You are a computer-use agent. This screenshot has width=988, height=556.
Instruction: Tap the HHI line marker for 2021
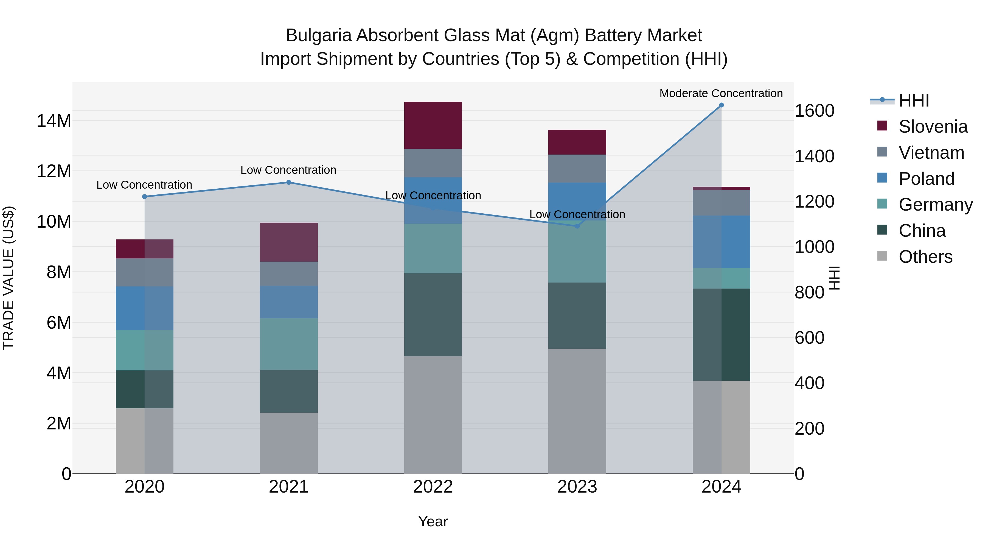(x=289, y=182)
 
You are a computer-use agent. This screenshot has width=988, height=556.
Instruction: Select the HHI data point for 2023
(x=577, y=226)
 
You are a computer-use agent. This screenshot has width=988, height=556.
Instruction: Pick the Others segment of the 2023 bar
(x=577, y=410)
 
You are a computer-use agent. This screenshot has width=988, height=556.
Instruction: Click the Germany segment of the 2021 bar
(x=289, y=344)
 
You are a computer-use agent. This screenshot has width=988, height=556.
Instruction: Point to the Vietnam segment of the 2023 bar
(x=577, y=169)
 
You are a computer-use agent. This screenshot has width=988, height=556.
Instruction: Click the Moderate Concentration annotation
(x=721, y=93)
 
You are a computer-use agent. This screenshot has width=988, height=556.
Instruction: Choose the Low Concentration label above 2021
(x=288, y=170)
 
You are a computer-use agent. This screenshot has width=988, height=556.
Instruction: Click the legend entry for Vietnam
(x=931, y=153)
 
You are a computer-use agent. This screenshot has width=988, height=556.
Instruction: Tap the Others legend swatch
(x=882, y=256)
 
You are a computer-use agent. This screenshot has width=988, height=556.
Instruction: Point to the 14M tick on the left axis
(x=54, y=121)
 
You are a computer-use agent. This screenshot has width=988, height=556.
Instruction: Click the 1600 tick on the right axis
(x=814, y=111)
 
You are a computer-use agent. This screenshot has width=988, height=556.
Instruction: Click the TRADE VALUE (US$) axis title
(x=9, y=278)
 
